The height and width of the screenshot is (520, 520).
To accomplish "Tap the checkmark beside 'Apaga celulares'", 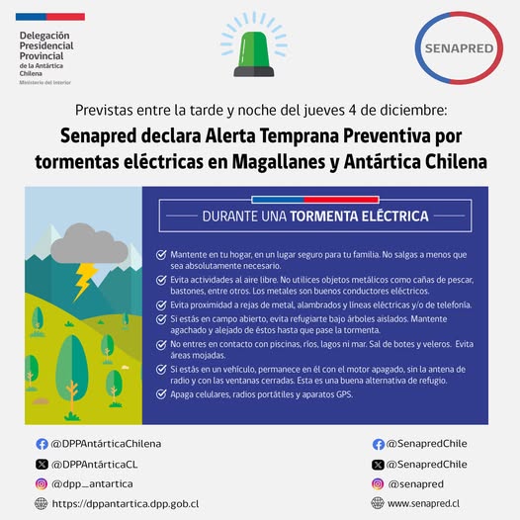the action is click(x=161, y=395).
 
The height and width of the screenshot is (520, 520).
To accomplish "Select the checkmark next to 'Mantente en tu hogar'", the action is click(x=161, y=254).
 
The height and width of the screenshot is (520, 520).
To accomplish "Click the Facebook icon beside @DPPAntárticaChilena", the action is click(x=42, y=444).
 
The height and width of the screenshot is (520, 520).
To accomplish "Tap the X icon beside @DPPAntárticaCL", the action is click(x=42, y=464).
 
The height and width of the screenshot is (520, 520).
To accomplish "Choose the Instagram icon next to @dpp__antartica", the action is click(x=42, y=483).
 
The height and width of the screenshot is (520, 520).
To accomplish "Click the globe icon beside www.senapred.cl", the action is click(x=379, y=503).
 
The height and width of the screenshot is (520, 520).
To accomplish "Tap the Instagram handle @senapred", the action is click(x=415, y=483).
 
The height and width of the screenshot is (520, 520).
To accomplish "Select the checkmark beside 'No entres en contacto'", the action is click(x=161, y=343).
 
